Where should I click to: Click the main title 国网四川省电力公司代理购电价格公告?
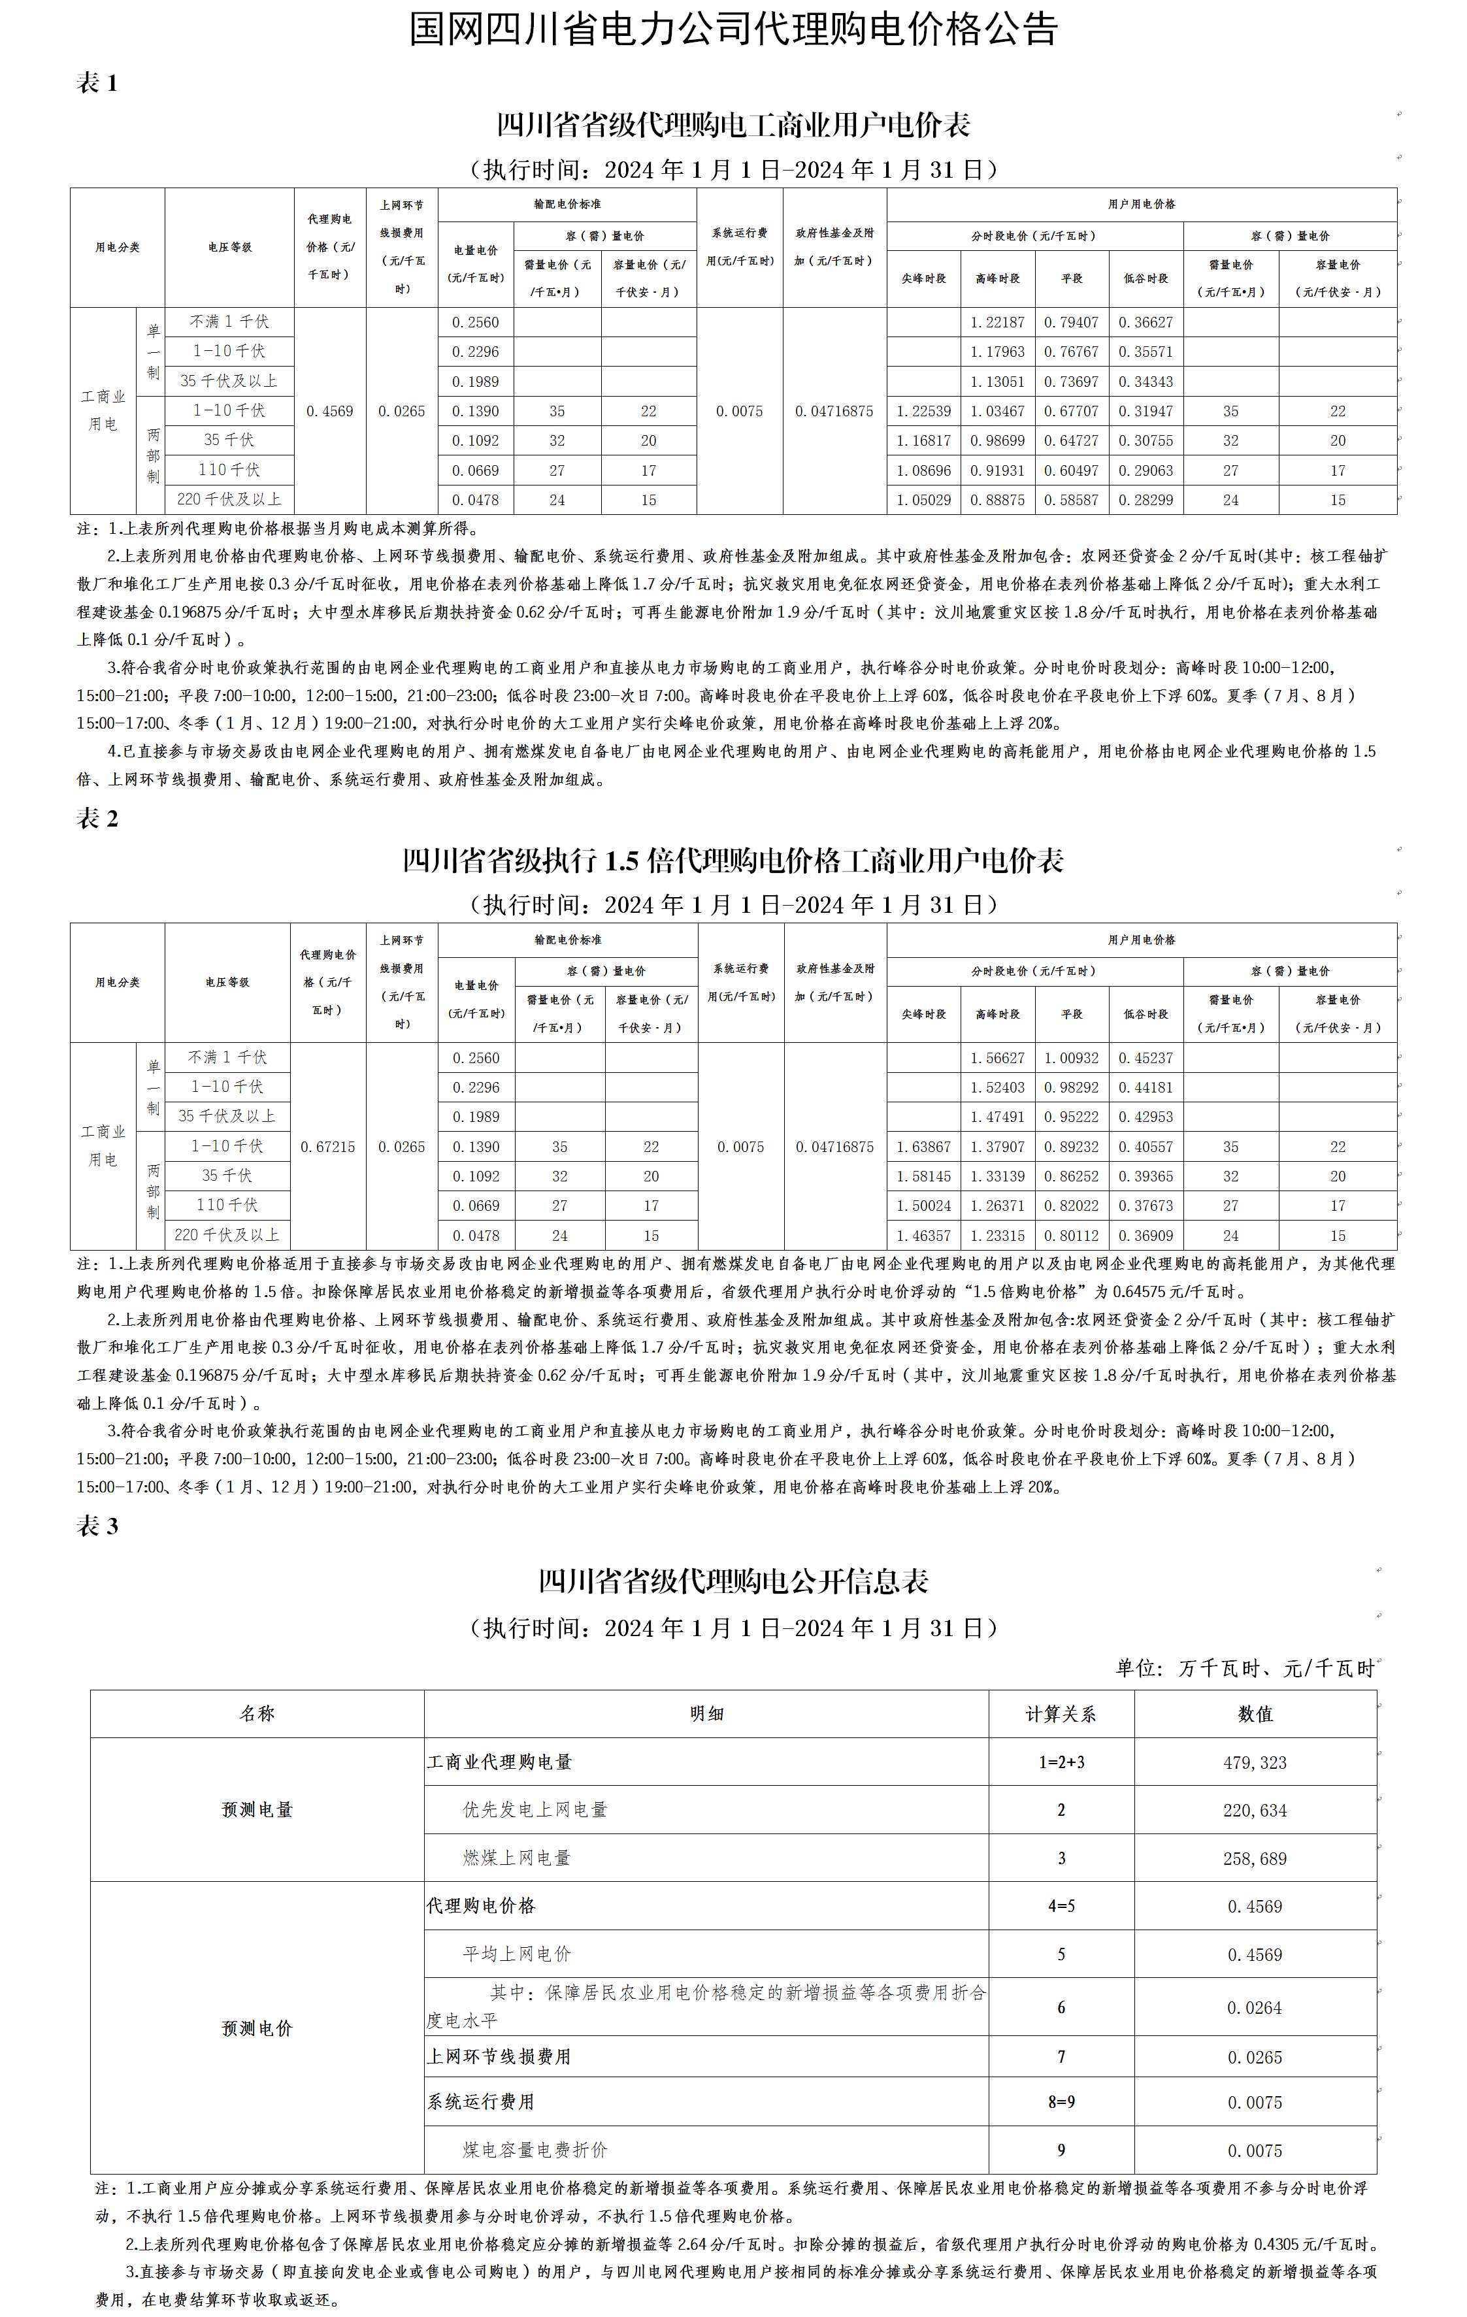point(733,30)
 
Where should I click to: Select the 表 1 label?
point(97,84)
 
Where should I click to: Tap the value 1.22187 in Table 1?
point(997,322)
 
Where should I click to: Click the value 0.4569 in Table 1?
point(330,411)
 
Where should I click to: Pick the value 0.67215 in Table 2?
point(327,1147)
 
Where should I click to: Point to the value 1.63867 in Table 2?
point(923,1147)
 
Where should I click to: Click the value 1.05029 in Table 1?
point(923,499)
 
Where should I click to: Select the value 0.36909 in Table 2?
point(1146,1236)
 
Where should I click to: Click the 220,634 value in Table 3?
point(1255,1810)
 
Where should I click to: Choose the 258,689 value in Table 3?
point(1255,1858)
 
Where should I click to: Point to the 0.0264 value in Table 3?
point(1255,2008)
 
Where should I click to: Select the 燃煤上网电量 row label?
point(517,1858)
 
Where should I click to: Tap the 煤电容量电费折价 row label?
point(535,2150)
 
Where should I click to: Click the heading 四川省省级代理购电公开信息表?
point(733,1581)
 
